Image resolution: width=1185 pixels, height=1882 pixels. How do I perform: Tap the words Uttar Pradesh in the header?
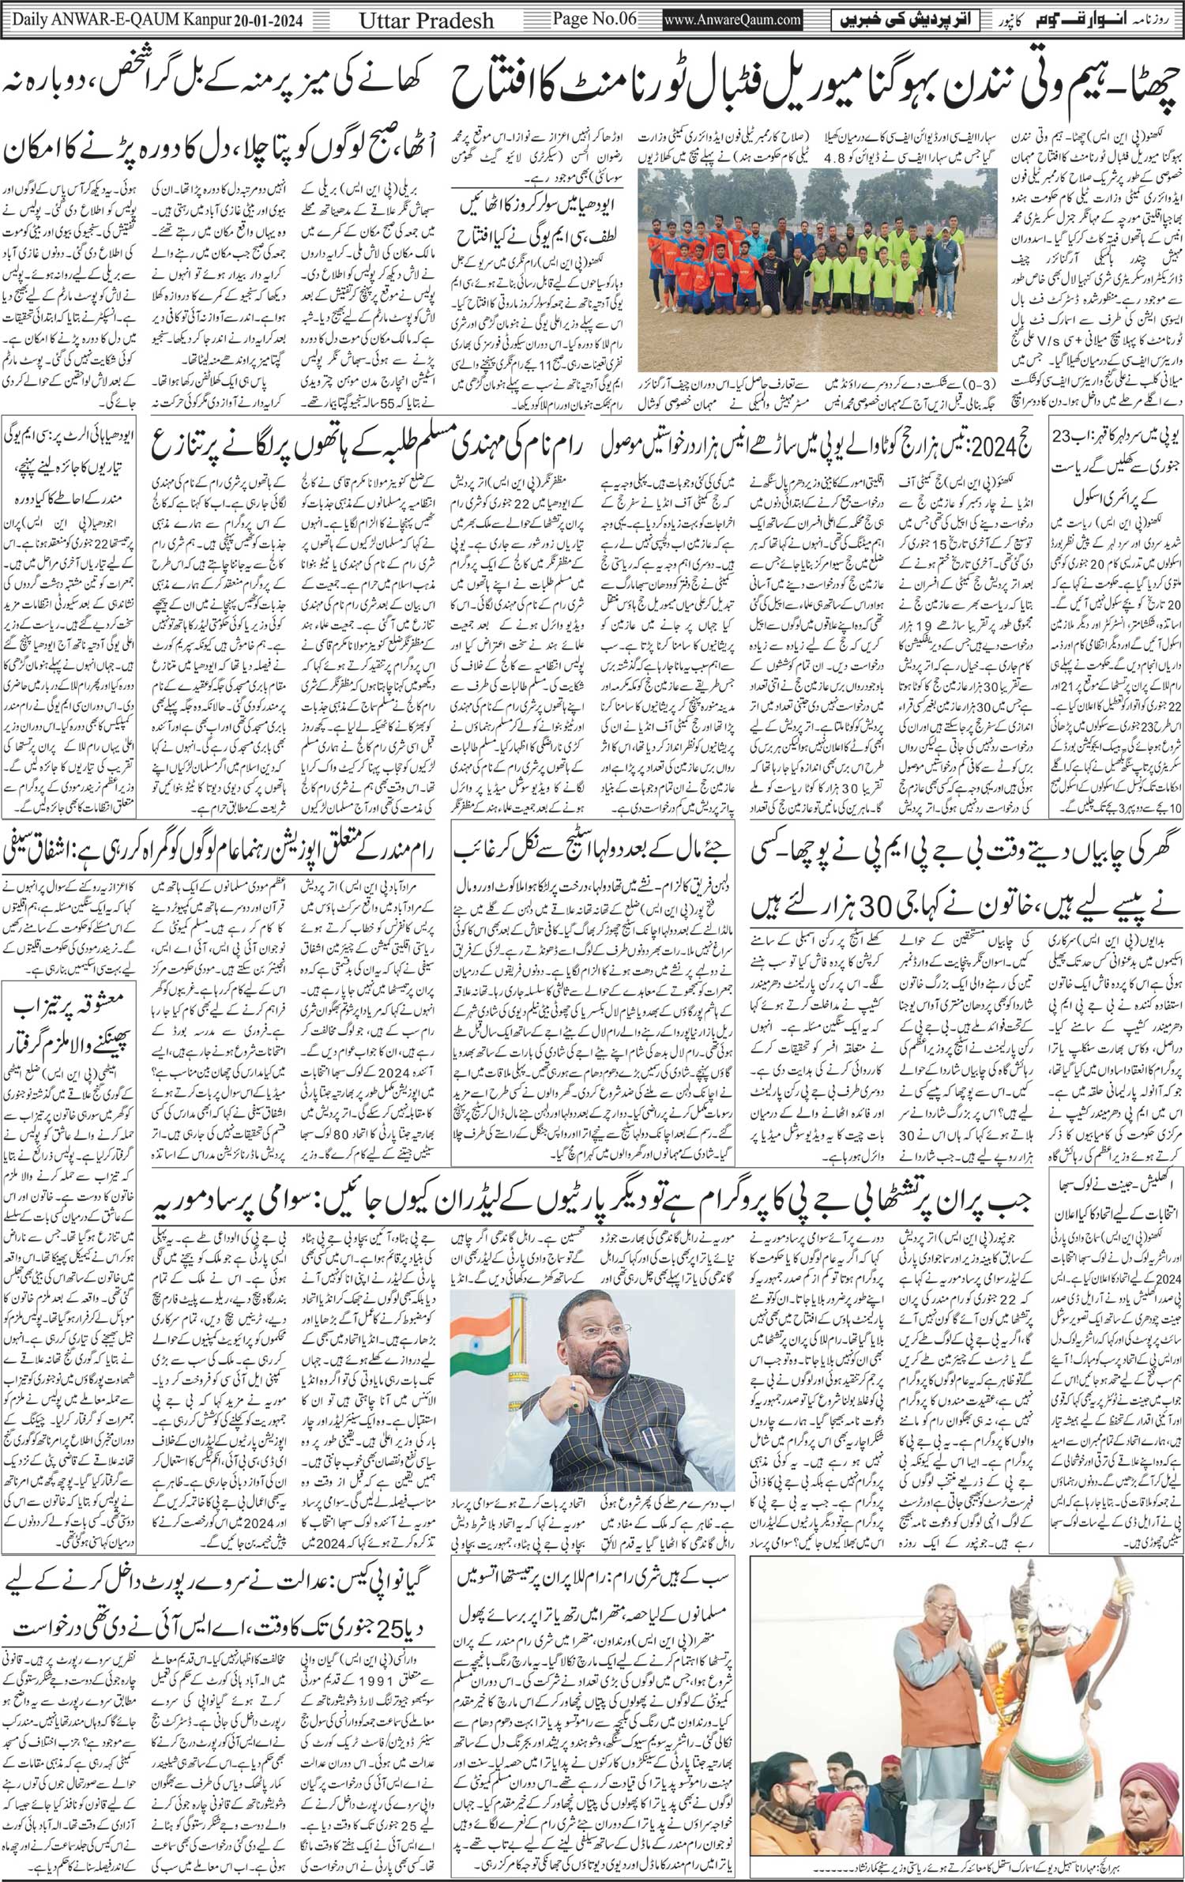443,20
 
